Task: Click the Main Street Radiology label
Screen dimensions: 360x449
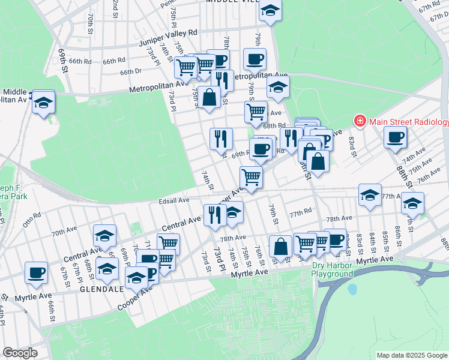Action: click(409, 122)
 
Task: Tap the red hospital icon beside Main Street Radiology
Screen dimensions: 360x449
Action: click(360, 122)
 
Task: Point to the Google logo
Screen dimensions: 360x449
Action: click(20, 353)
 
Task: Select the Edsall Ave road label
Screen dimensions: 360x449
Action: click(174, 200)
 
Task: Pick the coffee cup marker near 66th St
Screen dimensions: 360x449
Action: click(36, 272)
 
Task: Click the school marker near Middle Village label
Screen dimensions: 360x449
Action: click(270, 11)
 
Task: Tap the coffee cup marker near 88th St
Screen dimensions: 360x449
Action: click(396, 137)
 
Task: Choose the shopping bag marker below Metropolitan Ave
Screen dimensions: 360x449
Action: click(209, 98)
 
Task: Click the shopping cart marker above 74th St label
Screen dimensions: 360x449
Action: click(250, 177)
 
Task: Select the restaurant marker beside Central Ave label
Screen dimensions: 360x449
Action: click(214, 214)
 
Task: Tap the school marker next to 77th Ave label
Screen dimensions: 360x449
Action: click(370, 195)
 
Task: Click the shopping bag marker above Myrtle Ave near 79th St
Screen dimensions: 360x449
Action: click(280, 245)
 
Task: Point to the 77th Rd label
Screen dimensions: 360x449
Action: click(300, 213)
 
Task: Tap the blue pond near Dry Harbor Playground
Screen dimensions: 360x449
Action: click(352, 289)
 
